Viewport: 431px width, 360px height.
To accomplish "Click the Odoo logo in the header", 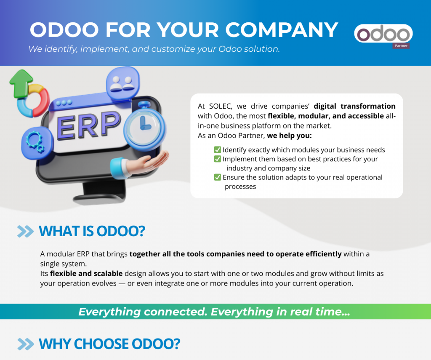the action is click(x=383, y=34).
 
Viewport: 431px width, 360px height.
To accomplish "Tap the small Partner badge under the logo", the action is click(x=401, y=46).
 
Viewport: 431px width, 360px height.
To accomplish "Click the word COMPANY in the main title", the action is click(x=282, y=30).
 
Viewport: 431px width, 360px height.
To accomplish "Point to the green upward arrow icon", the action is click(x=21, y=83).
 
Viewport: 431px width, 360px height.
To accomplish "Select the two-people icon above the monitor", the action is click(x=123, y=83).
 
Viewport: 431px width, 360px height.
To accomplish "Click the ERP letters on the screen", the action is click(x=88, y=125).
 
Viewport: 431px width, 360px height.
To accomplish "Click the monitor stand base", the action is click(x=99, y=198).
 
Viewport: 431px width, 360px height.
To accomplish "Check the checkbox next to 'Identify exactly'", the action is click(x=218, y=149).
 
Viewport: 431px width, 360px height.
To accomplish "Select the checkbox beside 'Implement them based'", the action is click(x=218, y=159).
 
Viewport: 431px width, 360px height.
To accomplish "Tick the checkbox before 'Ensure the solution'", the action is click(x=218, y=177).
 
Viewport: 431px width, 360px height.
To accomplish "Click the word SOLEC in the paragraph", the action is click(x=221, y=106).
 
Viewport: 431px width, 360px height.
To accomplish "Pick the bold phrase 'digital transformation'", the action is click(x=354, y=106).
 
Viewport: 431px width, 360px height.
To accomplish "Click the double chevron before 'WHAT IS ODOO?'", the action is click(x=25, y=231).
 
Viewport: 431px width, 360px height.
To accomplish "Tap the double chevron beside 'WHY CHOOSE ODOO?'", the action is click(x=26, y=344).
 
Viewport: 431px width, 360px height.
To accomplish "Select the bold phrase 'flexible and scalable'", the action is click(x=86, y=273).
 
